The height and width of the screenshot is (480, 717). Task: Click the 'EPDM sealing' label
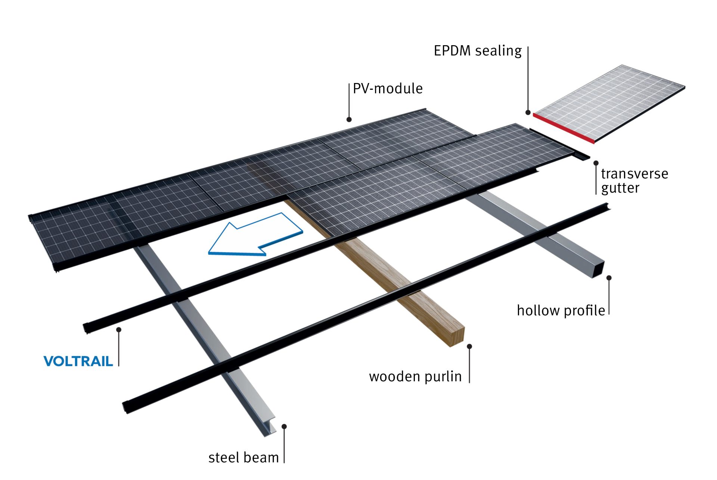[x=477, y=51]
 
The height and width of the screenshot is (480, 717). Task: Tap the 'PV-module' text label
[x=388, y=89]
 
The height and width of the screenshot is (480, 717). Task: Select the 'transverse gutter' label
[x=634, y=181]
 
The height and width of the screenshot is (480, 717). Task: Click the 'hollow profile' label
[x=561, y=311]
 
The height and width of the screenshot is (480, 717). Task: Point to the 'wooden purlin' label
[x=415, y=376]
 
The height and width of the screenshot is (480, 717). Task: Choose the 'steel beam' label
[x=243, y=458]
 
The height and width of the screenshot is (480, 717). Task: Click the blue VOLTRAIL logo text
[x=78, y=361]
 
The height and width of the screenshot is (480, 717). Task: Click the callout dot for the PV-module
[x=349, y=120]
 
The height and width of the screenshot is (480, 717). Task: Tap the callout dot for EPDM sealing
[x=528, y=113]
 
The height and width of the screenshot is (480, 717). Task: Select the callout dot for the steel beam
[x=284, y=427]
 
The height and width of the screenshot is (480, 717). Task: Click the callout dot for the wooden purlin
[x=469, y=347]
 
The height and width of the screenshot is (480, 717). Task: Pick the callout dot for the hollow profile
[x=609, y=278]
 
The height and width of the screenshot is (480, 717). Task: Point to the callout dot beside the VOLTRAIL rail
[x=119, y=330]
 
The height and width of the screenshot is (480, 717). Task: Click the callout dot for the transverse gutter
[x=596, y=163]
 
